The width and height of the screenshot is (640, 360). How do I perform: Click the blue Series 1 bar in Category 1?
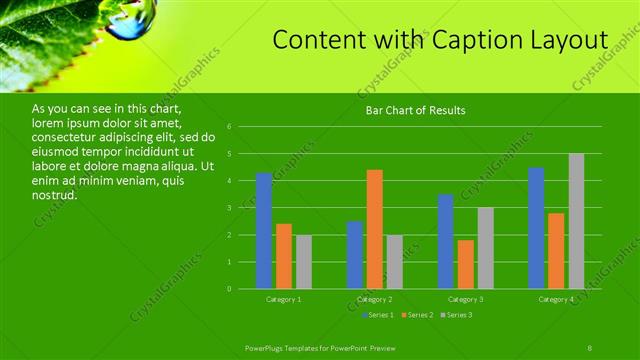pos(264,231)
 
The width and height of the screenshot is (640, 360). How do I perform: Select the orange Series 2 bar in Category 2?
pos(375,229)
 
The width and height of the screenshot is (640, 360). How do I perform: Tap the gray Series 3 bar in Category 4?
pos(576,221)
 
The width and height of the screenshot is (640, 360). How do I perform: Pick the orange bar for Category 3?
pos(466,264)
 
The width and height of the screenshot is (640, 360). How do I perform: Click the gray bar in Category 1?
pos(304,262)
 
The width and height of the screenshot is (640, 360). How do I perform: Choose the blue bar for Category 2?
pos(355,255)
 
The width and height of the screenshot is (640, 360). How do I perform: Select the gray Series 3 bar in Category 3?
pos(486,248)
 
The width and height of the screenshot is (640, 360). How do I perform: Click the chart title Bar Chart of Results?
pos(415,110)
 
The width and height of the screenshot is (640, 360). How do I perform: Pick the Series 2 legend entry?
pos(418,315)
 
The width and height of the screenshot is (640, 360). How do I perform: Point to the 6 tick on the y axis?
pos(230,127)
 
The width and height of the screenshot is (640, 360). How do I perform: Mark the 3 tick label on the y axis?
pos(230,208)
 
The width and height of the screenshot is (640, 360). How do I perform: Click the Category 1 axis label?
pos(284,299)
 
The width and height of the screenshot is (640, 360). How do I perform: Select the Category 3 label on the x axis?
pos(466,299)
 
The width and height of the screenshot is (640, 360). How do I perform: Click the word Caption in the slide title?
pos(468,40)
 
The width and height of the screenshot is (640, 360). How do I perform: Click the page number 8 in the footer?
pos(590,346)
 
